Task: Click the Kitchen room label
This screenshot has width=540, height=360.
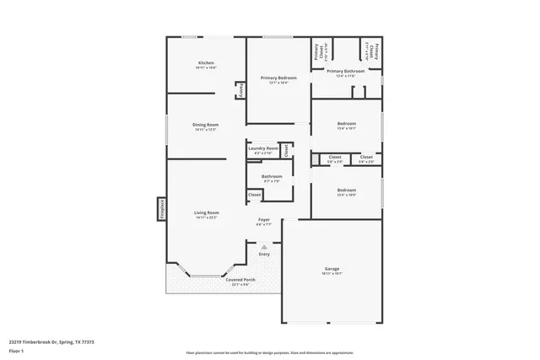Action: point(207,64)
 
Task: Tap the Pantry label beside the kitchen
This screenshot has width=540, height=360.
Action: point(240,90)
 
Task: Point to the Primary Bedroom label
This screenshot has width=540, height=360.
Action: point(278,78)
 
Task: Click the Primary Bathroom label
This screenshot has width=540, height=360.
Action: point(346,72)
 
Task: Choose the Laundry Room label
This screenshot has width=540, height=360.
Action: point(262,148)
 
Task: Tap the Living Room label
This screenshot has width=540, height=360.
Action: point(207,212)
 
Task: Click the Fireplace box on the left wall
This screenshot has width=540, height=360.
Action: point(161,209)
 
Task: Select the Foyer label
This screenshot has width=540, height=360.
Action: point(264,220)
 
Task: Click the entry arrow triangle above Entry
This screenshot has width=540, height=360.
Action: point(263,245)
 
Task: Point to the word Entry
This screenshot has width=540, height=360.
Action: point(264,254)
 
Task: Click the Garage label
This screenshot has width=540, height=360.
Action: point(332,269)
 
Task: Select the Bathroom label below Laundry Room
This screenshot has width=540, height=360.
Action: point(272,177)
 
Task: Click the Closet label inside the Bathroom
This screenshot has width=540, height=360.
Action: point(255,195)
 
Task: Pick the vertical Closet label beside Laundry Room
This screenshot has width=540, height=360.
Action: point(286,150)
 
